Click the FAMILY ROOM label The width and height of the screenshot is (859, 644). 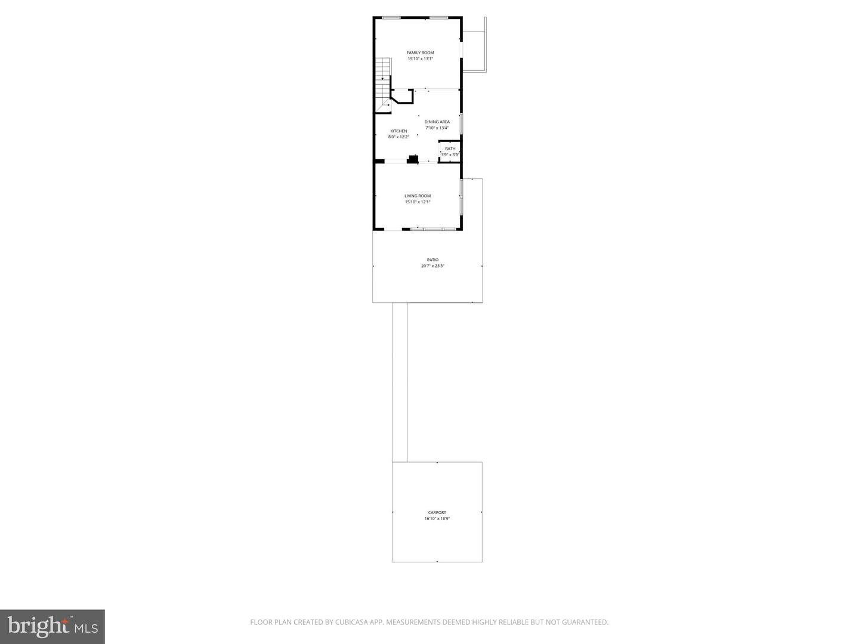coord(420,52)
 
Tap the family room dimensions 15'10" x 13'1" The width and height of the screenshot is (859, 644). coord(420,59)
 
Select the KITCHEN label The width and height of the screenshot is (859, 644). coord(398,131)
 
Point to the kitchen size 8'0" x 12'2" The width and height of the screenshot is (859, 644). coord(398,137)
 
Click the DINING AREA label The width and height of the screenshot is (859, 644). coord(437,122)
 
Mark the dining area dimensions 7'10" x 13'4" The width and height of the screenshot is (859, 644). coord(437,128)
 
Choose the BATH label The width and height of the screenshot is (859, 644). coord(450,148)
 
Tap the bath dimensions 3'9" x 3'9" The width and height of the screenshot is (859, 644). coord(450,155)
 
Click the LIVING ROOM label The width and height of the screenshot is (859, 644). coord(418,196)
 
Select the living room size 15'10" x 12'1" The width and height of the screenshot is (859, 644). coord(418,202)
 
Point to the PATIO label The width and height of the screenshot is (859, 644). coord(432,260)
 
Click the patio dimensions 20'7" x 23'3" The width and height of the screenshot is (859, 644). coord(432,266)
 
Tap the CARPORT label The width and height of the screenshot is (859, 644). coord(437,513)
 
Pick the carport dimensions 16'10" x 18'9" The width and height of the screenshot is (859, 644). coord(437,519)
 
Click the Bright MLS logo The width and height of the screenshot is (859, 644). coord(52,626)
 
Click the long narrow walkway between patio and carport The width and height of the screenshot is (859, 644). coord(400,382)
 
